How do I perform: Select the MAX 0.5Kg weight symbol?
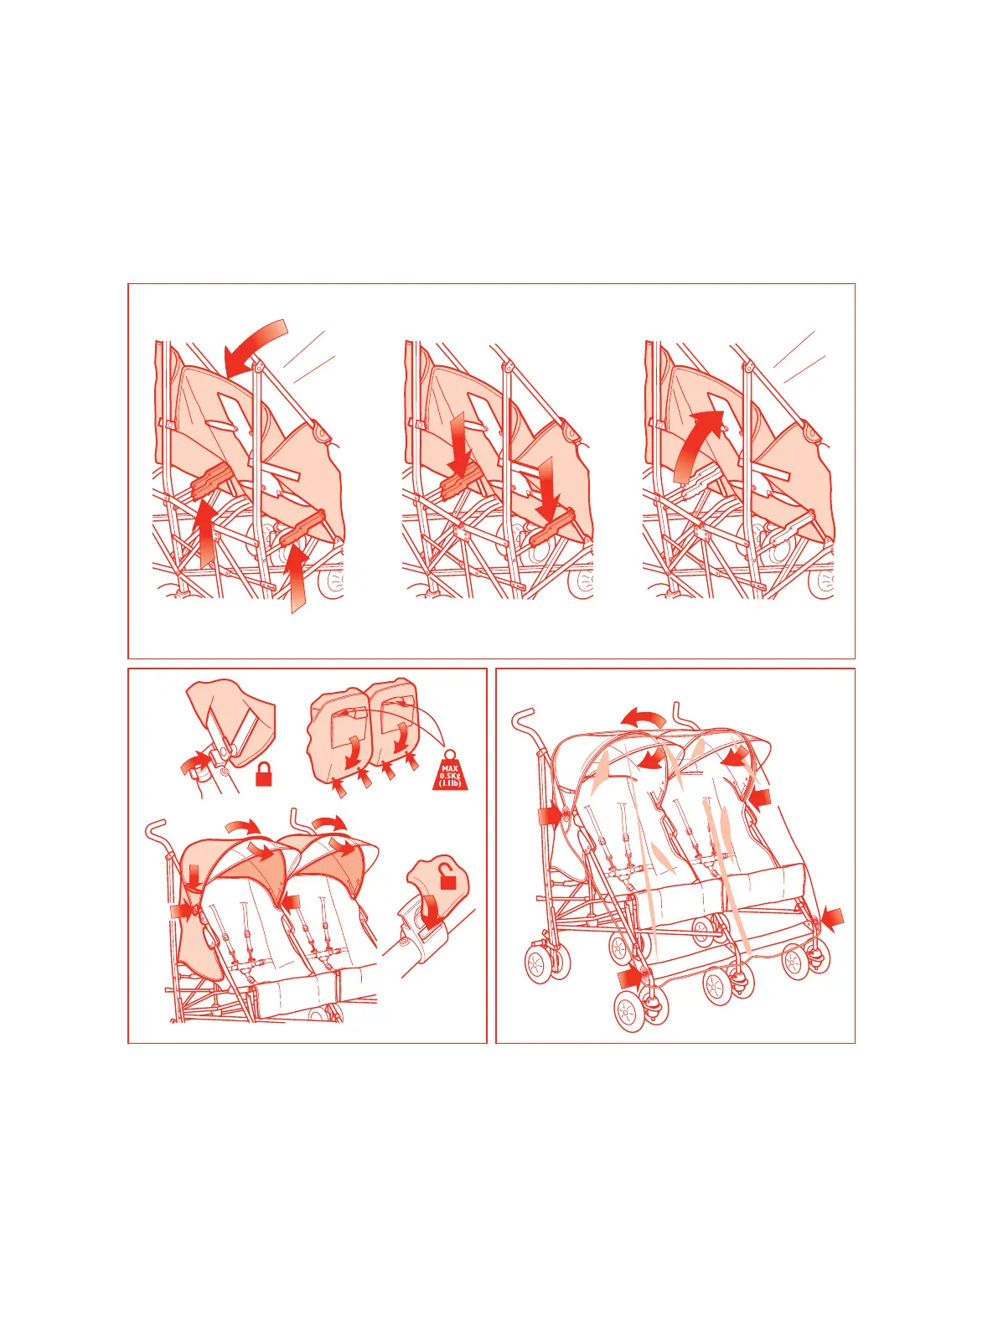tap(450, 772)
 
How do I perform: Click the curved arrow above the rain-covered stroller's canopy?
tap(644, 718)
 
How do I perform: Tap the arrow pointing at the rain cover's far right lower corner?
tap(832, 920)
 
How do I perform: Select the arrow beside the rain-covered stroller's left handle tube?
tap(550, 816)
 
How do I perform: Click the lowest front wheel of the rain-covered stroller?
tap(628, 1011)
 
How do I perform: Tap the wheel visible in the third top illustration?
tap(821, 580)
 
